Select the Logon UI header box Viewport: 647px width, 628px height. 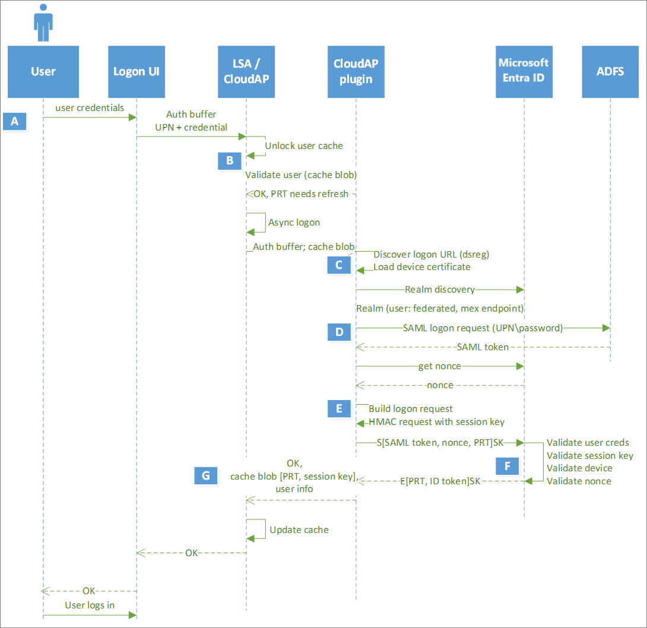tap(137, 72)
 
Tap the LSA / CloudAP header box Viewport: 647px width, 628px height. tap(246, 72)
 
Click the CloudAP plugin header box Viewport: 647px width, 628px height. tap(356, 72)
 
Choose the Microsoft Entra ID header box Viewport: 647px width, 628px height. tap(524, 72)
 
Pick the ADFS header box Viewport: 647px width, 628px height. tap(610, 72)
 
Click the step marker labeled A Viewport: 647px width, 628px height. tap(15, 122)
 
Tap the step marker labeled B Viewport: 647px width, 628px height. tap(229, 160)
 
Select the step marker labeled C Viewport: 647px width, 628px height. tap(339, 265)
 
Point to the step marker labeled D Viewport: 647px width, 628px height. tap(339, 332)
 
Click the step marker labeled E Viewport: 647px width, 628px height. tap(339, 409)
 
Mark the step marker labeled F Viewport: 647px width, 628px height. tap(508, 467)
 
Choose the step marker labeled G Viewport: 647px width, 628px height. tap(206, 475)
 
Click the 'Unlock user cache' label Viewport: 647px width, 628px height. tap(303, 145)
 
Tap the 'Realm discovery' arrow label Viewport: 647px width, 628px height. tap(439, 290)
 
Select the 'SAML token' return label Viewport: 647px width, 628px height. tap(483, 347)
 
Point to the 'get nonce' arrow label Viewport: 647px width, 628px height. tap(439, 366)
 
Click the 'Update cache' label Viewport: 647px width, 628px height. tap(299, 529)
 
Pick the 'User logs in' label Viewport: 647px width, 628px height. tap(90, 605)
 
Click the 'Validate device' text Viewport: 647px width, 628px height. tap(579, 468)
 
